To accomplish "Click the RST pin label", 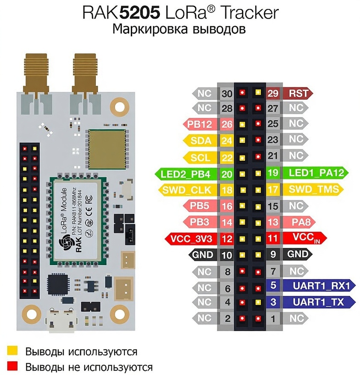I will click(x=298, y=93).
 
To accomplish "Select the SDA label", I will click(x=201, y=141).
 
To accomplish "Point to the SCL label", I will click(x=201, y=157).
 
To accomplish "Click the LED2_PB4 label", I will click(x=185, y=174).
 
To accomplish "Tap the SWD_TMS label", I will click(x=311, y=189).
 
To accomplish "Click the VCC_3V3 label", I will click(x=191, y=238).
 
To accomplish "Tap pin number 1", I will click(x=273, y=318).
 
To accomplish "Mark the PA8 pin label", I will click(x=298, y=222).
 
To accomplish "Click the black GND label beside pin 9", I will click(x=298, y=254).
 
